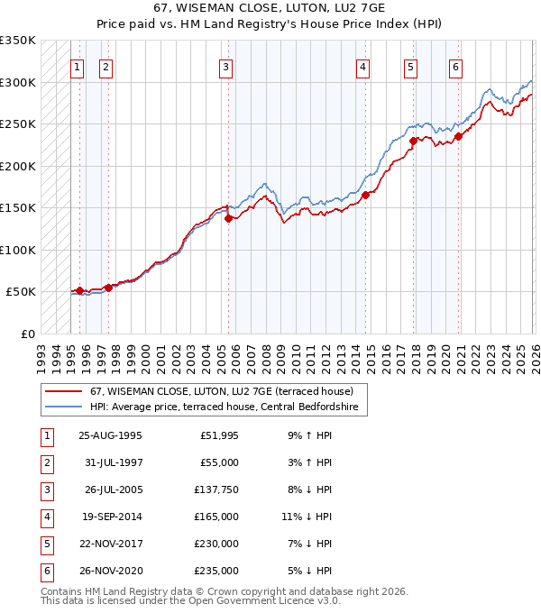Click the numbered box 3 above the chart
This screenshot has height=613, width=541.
(x=225, y=66)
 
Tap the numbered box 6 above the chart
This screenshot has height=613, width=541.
(x=456, y=66)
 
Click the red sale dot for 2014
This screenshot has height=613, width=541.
(x=365, y=195)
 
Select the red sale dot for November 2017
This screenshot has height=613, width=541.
(x=413, y=141)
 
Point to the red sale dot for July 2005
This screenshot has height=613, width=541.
(x=229, y=217)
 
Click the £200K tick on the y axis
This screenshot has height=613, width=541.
(x=17, y=166)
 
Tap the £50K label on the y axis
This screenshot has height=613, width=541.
(x=21, y=292)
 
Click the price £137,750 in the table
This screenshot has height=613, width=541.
(x=217, y=489)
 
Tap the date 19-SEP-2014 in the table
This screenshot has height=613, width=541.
(x=110, y=517)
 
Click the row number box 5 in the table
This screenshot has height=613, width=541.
(x=45, y=544)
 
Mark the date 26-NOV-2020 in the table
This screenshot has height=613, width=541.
(x=110, y=571)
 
